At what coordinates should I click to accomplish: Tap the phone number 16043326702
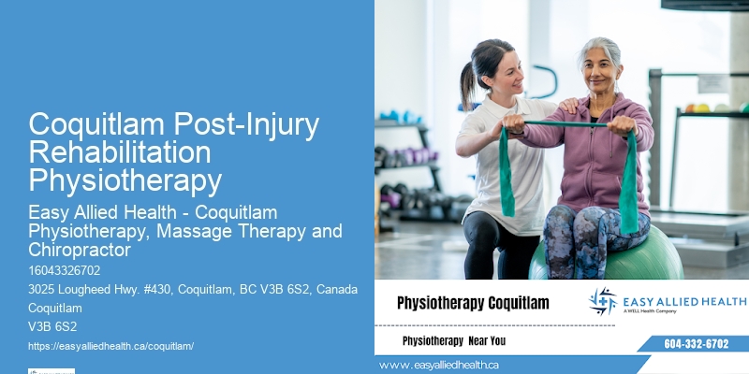tap(65, 270)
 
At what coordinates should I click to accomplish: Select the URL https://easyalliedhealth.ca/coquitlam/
tap(110, 346)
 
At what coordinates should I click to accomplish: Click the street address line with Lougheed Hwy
tap(193, 289)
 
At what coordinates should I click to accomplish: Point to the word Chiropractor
tap(79, 250)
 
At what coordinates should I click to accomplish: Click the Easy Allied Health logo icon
tap(603, 301)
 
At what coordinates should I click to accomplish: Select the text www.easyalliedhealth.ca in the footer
tap(439, 365)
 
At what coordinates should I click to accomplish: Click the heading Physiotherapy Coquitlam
tap(473, 303)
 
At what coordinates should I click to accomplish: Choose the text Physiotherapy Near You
tap(453, 341)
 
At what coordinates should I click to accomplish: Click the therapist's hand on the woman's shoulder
tap(569, 105)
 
